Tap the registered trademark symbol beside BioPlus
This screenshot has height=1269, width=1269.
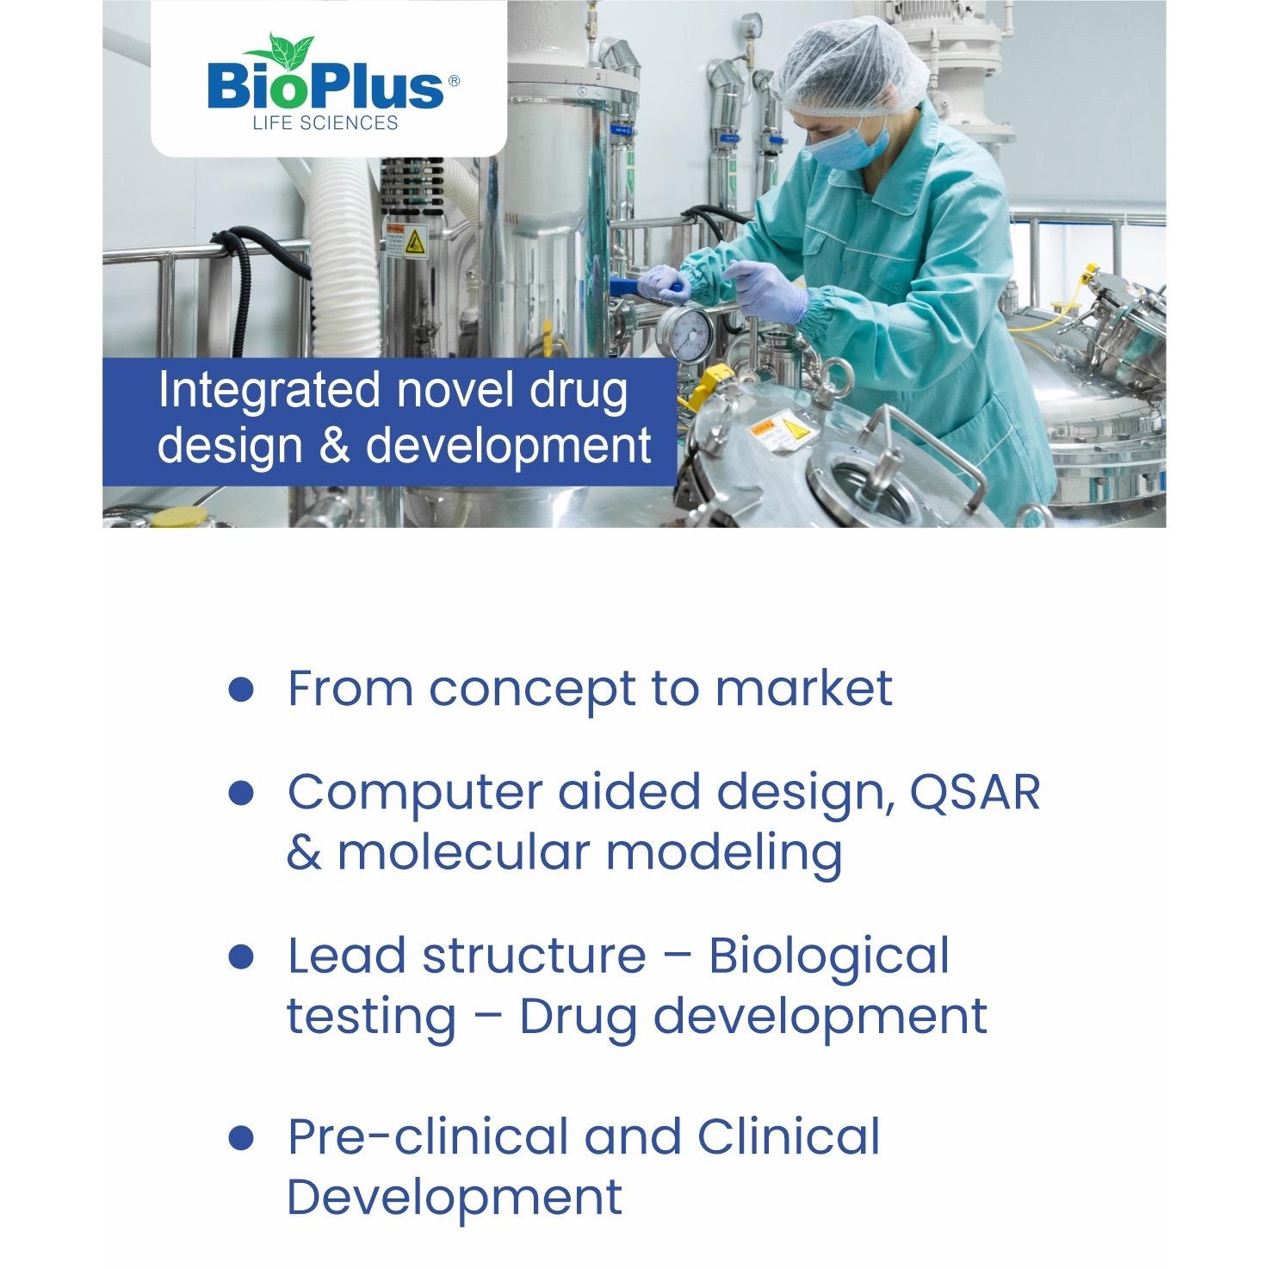454,81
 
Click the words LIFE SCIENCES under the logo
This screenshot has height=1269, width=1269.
325,123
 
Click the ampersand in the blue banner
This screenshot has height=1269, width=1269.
334,446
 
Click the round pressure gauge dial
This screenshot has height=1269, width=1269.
685,334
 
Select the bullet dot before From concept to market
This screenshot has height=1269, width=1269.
241,689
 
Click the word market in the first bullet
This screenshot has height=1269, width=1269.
803,688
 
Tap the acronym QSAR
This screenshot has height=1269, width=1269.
974,791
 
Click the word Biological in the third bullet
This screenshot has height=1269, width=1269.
829,956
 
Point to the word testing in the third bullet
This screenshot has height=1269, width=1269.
371,1017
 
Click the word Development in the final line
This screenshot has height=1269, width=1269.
455,1198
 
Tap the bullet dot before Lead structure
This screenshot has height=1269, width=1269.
241,956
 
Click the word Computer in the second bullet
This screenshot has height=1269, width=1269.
415,793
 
